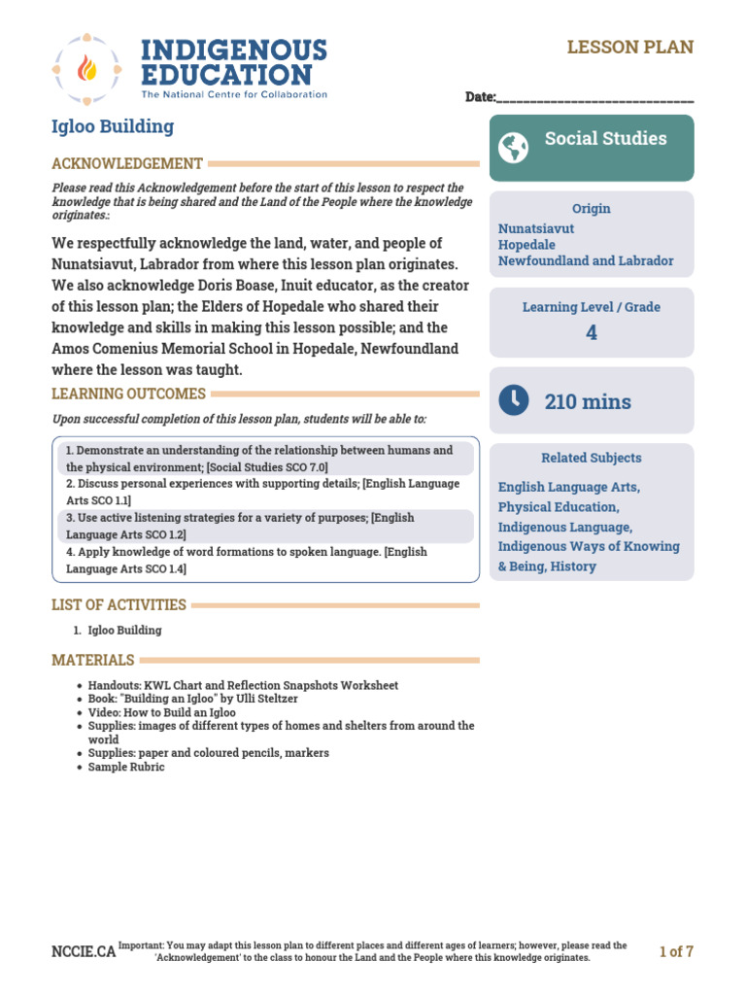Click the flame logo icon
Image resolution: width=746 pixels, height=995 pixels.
click(86, 70)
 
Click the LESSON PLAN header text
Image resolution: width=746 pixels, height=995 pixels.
click(630, 48)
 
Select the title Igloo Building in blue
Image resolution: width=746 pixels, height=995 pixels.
click(113, 126)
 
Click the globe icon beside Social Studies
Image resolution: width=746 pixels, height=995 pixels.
click(513, 148)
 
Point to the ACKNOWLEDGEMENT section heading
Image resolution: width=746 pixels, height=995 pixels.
click(127, 164)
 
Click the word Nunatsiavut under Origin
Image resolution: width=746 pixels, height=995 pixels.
click(536, 229)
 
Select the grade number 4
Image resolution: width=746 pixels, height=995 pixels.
click(592, 333)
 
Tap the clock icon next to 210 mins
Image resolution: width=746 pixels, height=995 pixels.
click(513, 399)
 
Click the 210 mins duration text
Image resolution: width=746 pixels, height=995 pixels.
click(588, 401)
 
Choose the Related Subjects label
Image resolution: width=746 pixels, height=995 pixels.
click(591, 458)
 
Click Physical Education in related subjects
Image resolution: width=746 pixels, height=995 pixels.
click(558, 507)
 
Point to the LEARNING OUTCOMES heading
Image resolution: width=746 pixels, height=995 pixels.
click(128, 394)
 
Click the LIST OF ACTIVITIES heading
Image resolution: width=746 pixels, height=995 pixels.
click(119, 604)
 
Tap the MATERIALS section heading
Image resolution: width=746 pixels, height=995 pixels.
click(93, 661)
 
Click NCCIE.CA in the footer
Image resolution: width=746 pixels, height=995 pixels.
click(83, 951)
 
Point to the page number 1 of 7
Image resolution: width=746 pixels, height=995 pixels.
click(676, 951)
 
